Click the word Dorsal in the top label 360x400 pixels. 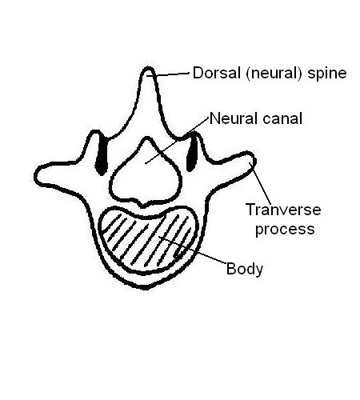(217, 73)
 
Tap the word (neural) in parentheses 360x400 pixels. (274, 74)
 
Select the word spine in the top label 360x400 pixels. (327, 74)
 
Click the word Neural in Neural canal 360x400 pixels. (234, 118)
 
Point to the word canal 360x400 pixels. (282, 118)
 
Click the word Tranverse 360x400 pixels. (283, 210)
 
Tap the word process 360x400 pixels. (285, 230)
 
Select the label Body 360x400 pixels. (245, 269)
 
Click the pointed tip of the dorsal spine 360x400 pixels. (147, 68)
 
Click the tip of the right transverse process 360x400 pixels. (254, 158)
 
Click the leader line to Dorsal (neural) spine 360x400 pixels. (168, 74)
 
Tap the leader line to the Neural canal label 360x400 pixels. (177, 140)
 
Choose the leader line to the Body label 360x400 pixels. (193, 250)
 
